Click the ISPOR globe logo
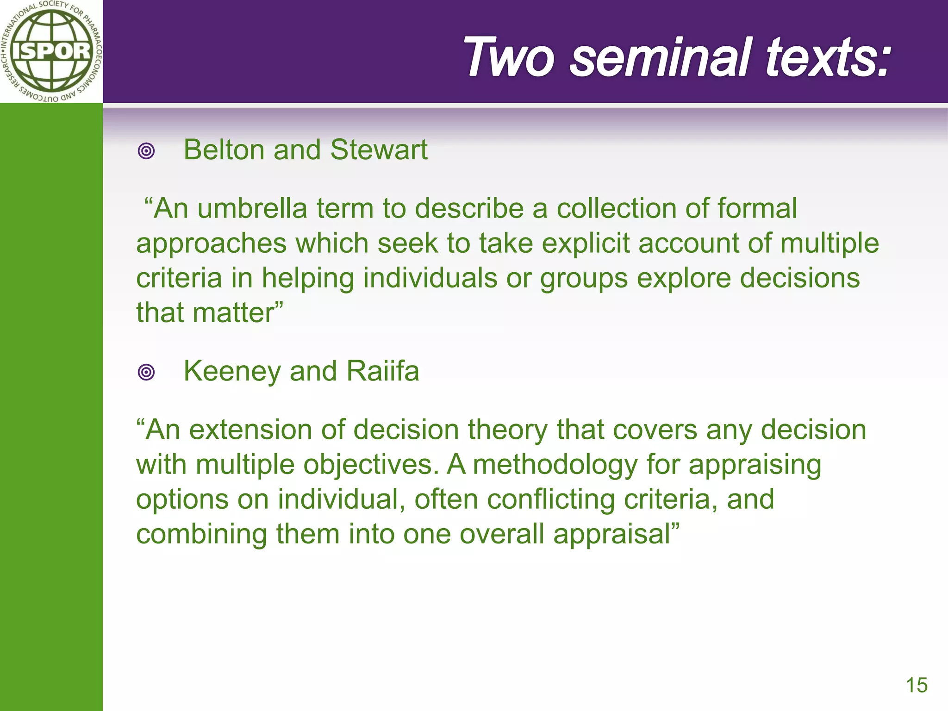[x=51, y=51]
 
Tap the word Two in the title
[x=509, y=57]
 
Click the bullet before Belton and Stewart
[x=146, y=151]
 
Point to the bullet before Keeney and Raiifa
[x=146, y=372]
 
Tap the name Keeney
[x=231, y=372]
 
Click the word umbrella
[x=252, y=209]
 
